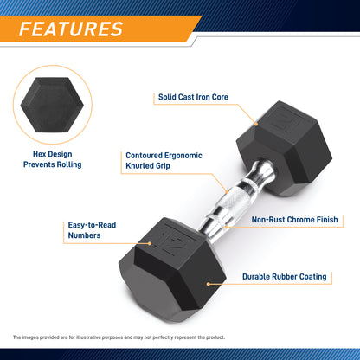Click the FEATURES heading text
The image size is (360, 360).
click(71, 29)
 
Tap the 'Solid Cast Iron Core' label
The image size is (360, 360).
click(192, 97)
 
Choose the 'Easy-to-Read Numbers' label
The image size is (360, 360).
click(93, 229)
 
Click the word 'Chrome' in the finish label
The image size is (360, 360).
click(303, 220)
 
